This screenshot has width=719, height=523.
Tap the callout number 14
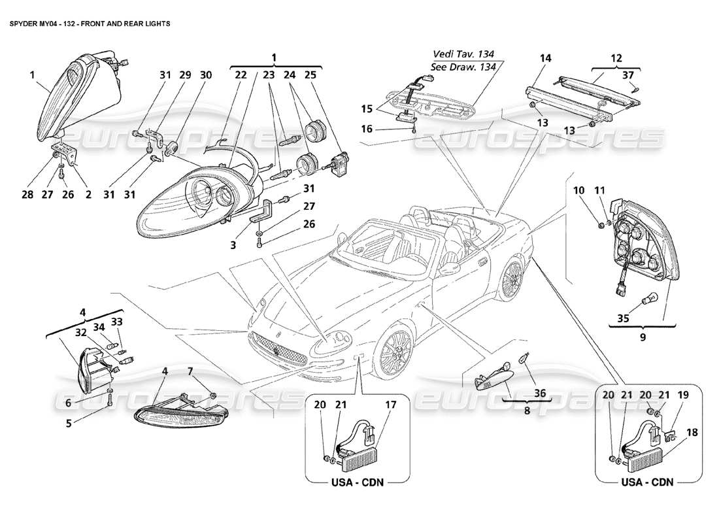[x=546, y=59]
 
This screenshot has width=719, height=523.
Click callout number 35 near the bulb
[x=625, y=320]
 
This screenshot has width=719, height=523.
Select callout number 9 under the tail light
[x=643, y=337]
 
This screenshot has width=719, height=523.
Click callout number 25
[x=310, y=75]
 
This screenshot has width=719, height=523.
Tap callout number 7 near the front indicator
[x=190, y=372]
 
